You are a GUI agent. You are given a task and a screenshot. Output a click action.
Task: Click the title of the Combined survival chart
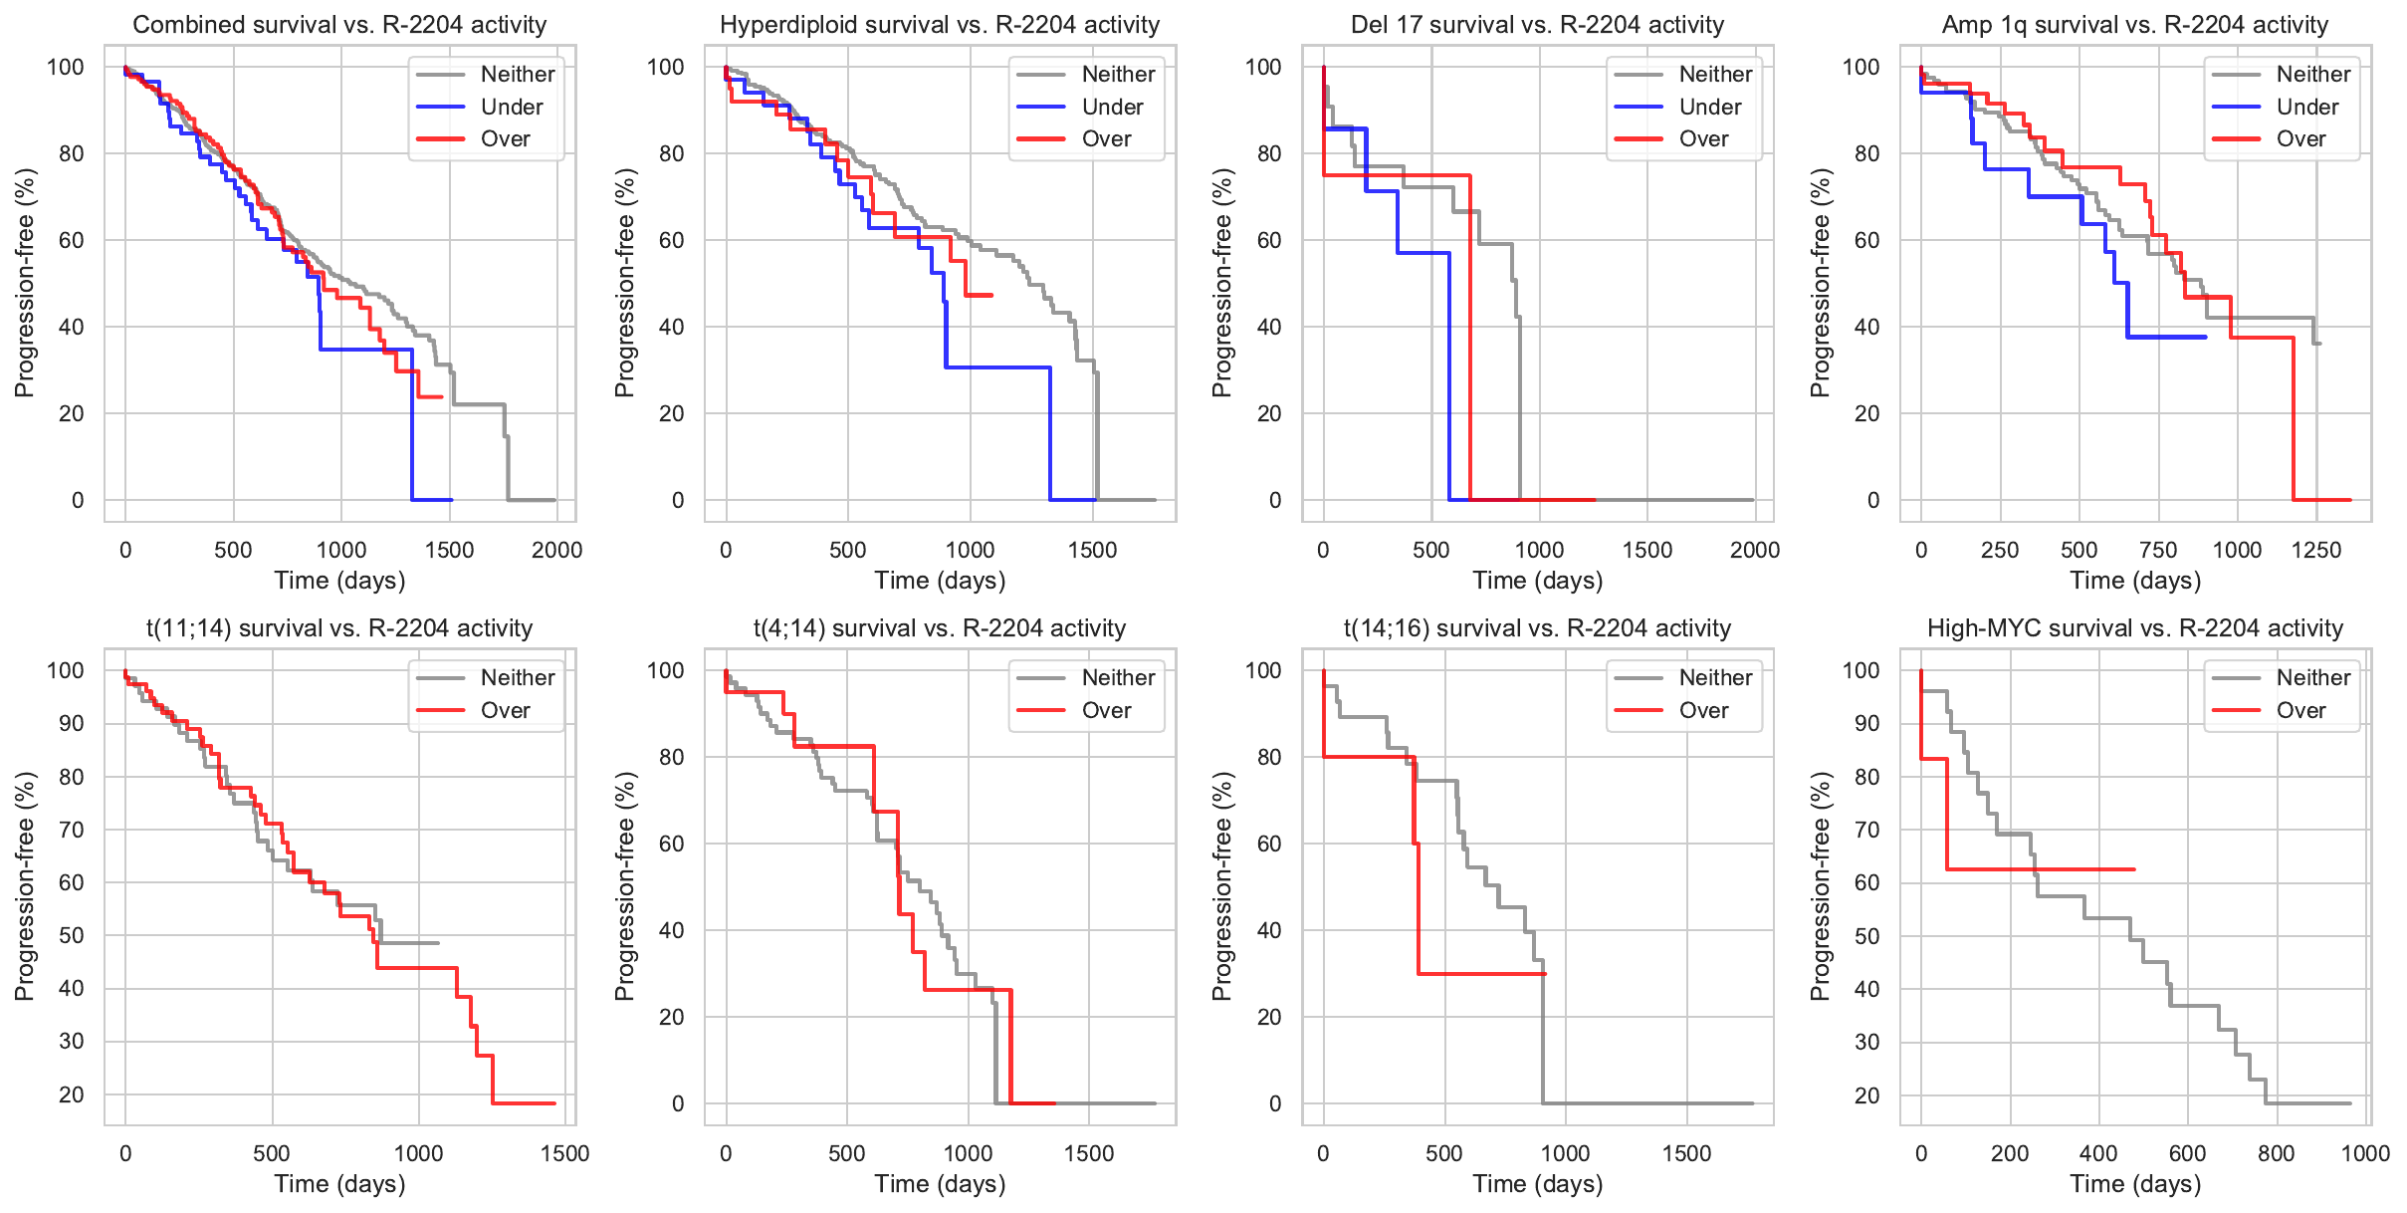pos(339,25)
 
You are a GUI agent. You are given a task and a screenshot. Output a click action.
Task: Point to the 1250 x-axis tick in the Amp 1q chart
pos(2316,550)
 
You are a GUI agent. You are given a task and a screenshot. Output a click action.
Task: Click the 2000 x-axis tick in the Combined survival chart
pos(556,550)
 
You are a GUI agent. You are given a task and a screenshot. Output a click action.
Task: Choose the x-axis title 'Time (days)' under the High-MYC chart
pos(2135,1183)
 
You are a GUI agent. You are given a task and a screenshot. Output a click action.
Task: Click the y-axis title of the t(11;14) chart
pos(25,886)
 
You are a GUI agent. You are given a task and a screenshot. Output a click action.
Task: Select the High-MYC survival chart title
pos(2135,628)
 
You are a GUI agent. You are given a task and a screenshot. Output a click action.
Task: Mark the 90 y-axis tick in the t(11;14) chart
pos(72,723)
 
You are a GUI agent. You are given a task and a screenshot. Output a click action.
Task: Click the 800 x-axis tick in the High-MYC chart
pos(2277,1153)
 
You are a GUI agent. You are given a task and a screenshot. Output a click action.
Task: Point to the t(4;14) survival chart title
pos(940,628)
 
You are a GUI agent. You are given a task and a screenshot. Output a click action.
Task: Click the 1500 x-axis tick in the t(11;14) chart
pos(565,1153)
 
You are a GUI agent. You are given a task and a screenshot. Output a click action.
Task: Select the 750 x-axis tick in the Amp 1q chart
pos(2158,550)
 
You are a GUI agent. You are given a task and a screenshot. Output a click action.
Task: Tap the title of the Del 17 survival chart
pos(1537,25)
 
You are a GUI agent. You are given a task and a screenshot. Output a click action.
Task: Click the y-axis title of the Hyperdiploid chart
pos(624,283)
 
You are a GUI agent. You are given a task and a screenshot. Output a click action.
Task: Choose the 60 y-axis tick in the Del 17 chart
pos(1268,240)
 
